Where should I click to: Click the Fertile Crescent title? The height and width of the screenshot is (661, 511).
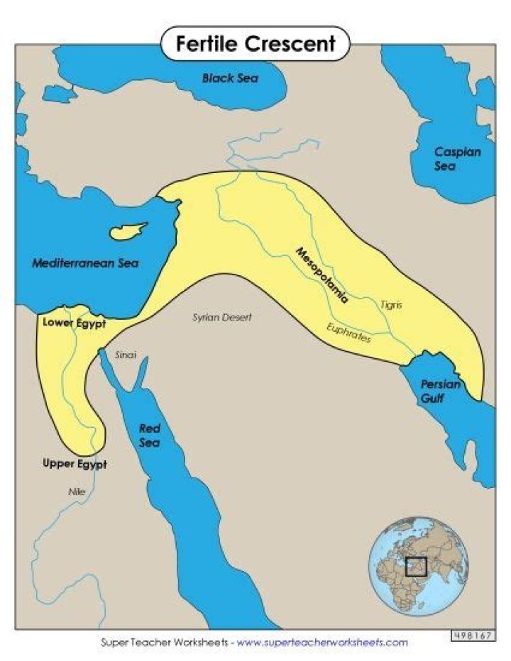click(255, 44)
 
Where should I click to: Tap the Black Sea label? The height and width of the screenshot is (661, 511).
click(230, 78)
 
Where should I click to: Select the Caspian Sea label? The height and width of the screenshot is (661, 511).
click(457, 159)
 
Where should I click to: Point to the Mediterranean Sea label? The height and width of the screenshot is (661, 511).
click(85, 263)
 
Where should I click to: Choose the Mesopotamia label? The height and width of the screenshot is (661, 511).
click(323, 275)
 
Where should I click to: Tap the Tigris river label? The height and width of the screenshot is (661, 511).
click(390, 304)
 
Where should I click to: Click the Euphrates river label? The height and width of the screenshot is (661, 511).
click(348, 333)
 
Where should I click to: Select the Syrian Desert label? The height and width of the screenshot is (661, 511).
click(222, 318)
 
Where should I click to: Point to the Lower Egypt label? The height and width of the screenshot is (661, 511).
click(74, 323)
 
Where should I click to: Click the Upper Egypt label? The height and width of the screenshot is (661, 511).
click(75, 465)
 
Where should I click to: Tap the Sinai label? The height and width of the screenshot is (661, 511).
click(125, 354)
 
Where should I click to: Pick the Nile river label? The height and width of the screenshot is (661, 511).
click(76, 491)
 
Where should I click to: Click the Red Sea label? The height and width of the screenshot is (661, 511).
click(149, 435)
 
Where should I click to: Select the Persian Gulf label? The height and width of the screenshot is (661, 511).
click(441, 391)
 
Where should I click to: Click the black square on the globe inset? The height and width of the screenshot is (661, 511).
click(415, 566)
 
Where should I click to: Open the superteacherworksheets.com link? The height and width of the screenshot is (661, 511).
click(322, 643)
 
